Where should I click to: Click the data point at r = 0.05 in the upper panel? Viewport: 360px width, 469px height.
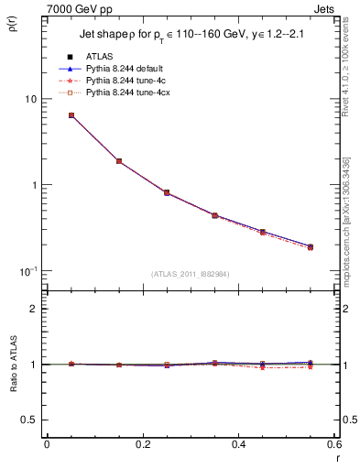(71, 115)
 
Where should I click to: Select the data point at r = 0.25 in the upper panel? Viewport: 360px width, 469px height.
(167, 192)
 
